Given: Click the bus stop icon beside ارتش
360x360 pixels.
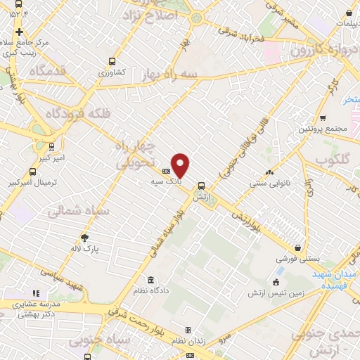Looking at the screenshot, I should coord(202,186).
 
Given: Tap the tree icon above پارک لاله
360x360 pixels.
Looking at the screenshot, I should coord(85,238).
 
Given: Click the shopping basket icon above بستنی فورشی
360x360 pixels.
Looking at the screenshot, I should coord(299,248).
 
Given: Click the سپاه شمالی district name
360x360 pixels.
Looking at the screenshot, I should coord(78,210).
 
